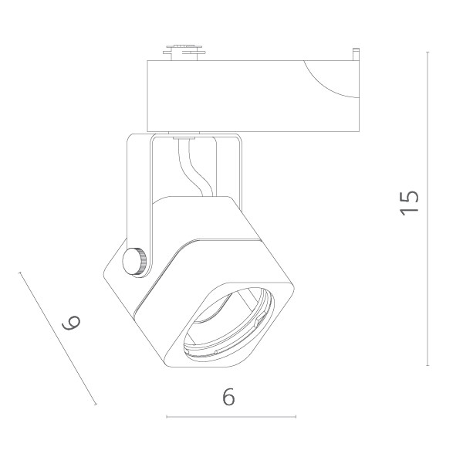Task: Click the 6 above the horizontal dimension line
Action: click(x=228, y=397)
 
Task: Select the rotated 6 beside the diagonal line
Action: click(x=71, y=323)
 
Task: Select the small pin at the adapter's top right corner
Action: click(x=356, y=55)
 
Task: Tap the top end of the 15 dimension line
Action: click(x=428, y=52)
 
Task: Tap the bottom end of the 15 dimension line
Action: click(x=428, y=364)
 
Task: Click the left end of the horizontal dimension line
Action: click(x=167, y=417)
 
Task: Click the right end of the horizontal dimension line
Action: click(x=296, y=417)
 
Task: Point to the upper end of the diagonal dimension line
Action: click(x=21, y=272)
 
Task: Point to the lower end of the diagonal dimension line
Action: click(x=96, y=404)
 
